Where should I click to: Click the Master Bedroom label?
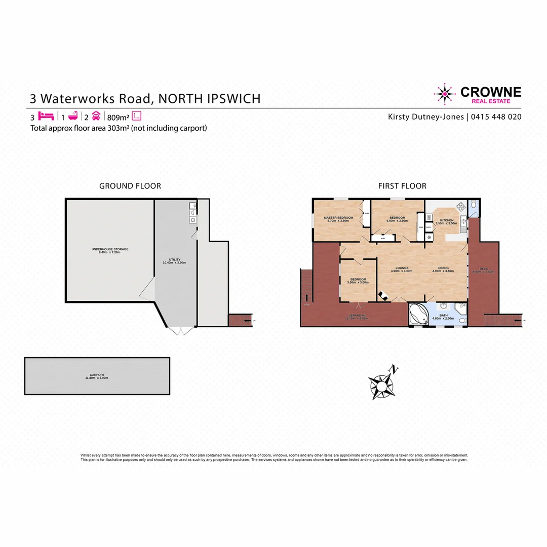tap(338, 219)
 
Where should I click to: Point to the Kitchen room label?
tap(446, 221)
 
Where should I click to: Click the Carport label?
tap(97, 376)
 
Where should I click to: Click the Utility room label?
tap(175, 261)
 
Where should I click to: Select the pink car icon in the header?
tap(96, 115)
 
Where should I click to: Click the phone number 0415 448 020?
tap(496, 117)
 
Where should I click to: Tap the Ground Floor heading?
tap(130, 186)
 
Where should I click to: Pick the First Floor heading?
tap(402, 186)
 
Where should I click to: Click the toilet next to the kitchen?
tap(473, 205)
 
